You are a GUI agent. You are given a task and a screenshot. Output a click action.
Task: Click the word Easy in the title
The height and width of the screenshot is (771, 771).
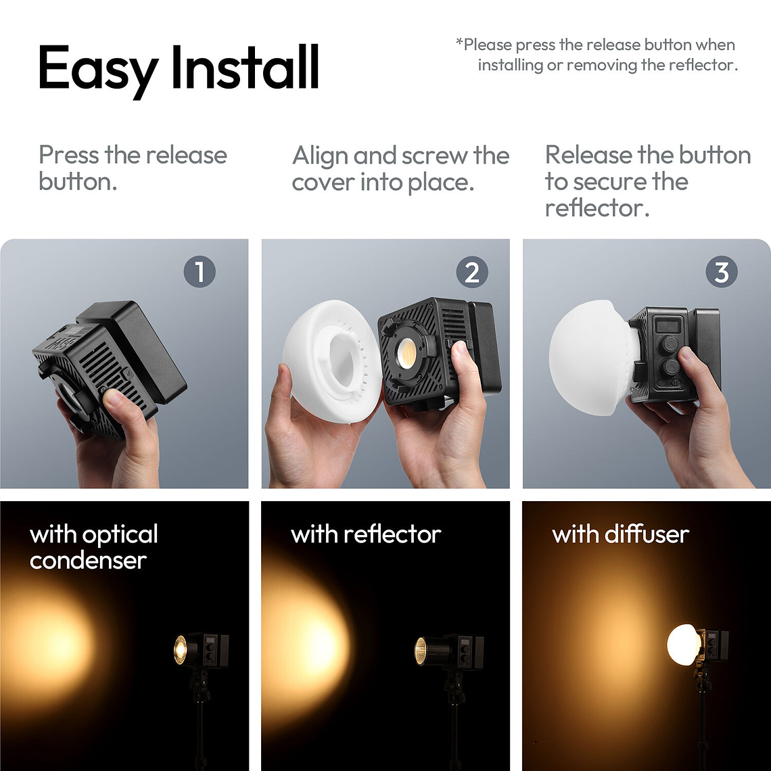[99, 69]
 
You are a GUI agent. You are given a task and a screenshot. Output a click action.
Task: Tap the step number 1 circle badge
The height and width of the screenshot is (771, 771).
[199, 272]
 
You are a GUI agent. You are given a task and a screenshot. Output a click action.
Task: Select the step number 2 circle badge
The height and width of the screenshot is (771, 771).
[471, 272]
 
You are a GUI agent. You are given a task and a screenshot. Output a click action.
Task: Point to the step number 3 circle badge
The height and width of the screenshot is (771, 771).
[721, 272]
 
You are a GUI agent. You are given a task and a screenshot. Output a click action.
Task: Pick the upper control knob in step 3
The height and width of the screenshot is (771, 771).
[670, 344]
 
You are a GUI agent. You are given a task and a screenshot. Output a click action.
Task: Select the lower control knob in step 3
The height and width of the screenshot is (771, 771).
[670, 368]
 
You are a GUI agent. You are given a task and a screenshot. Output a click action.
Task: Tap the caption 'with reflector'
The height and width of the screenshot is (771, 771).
[366, 534]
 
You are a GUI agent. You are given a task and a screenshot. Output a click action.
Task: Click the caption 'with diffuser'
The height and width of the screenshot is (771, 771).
[620, 534]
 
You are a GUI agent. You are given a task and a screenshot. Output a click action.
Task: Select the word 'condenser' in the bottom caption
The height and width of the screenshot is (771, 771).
[88, 561]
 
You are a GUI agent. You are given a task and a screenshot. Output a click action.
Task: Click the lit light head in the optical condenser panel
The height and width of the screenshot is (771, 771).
[181, 650]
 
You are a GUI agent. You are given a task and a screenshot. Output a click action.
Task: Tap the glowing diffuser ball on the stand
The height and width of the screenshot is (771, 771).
[683, 645]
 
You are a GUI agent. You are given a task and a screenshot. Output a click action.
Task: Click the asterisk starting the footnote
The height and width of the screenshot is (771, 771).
[459, 44]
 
